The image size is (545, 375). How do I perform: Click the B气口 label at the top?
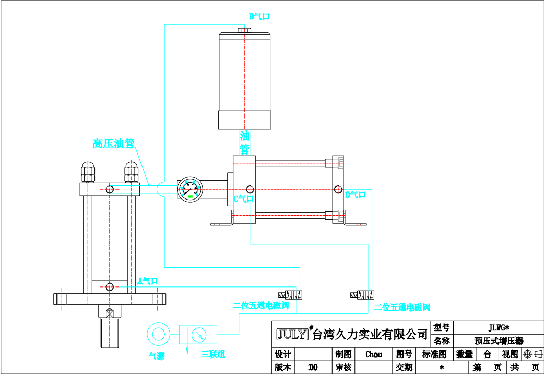tap(259, 16)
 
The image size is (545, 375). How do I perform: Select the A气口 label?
tap(148, 281)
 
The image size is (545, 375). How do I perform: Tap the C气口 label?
tap(244, 199)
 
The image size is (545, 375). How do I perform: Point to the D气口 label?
tap(356, 195)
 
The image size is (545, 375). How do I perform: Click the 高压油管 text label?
tap(113, 143)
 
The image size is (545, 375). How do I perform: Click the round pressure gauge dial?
tap(190, 189)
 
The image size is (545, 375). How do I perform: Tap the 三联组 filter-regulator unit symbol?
tap(198, 335)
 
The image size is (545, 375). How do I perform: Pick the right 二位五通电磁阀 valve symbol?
tap(362, 295)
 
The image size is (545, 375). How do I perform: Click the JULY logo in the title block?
tap(292, 335)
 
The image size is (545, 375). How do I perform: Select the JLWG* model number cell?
tap(499, 327)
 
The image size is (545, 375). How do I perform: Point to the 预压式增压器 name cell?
tap(499, 341)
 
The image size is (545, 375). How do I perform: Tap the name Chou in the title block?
tap(373, 354)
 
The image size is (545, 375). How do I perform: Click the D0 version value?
tap(313, 367)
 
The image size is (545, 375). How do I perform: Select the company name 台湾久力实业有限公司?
tap(370, 335)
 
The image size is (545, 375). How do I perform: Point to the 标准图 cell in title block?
tap(434, 354)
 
